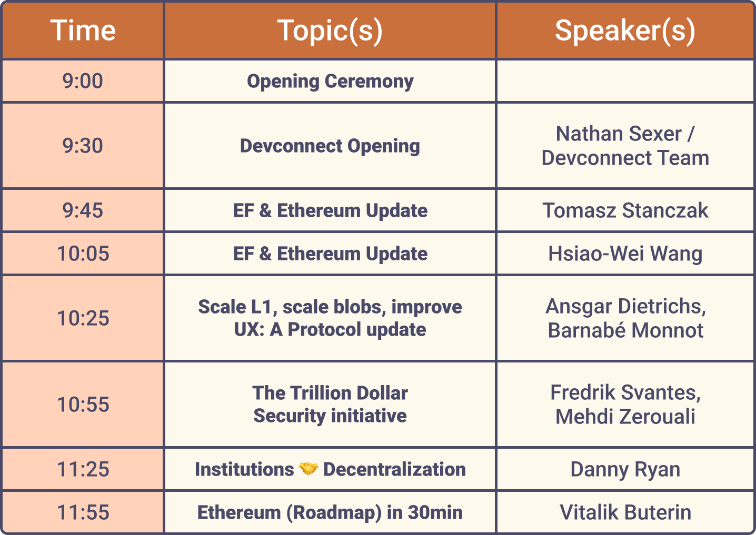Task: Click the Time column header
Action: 83,31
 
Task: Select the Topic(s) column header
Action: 330,31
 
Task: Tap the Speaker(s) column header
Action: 625,31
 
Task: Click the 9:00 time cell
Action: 83,81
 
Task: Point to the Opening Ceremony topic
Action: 330,82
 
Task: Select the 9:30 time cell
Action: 83,146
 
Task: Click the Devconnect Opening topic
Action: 330,146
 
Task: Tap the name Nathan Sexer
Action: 618,134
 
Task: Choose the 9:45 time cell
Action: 83,210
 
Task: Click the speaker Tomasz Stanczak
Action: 625,210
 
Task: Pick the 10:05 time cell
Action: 83,254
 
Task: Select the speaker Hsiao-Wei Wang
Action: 625,254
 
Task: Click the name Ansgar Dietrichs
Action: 625,307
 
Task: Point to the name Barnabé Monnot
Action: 625,330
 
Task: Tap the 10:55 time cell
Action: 83,404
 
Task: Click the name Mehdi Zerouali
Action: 625,416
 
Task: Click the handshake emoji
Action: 309,469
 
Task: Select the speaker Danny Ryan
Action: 625,470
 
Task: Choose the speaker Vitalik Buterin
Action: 625,512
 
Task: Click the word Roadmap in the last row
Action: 334,513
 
